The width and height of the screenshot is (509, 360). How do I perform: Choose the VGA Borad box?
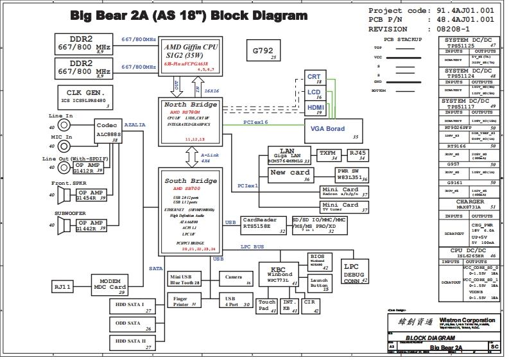(329, 130)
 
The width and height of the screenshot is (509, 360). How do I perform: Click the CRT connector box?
(314, 78)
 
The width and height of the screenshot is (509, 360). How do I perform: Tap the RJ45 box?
(356, 154)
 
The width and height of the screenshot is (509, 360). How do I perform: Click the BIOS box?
(318, 261)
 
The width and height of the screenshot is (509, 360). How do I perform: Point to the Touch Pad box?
(266, 305)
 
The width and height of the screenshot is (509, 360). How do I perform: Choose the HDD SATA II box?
(132, 343)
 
